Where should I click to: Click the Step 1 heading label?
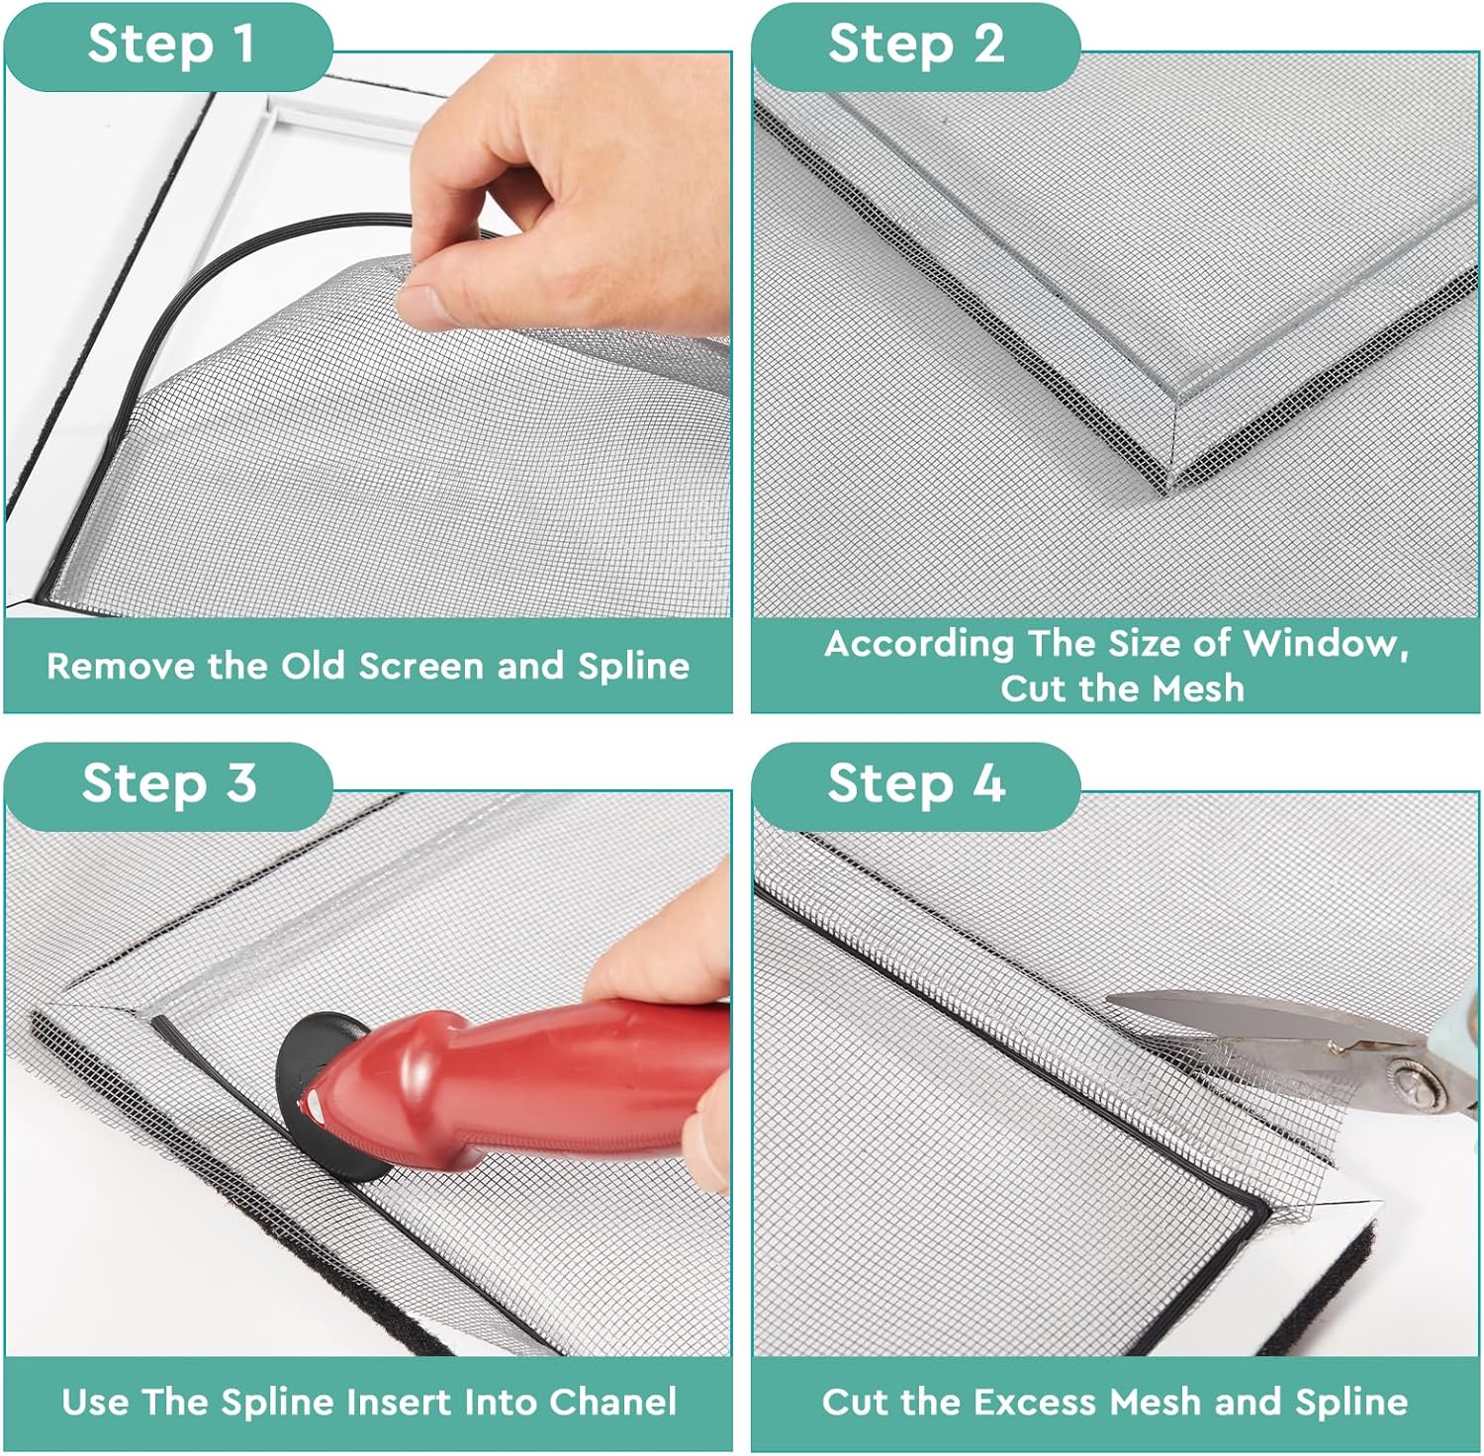click(x=170, y=45)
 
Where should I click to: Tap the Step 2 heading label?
click(x=916, y=45)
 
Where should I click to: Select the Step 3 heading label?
click(x=169, y=783)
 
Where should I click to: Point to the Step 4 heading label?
click(x=916, y=783)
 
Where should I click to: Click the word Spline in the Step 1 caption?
click(x=633, y=667)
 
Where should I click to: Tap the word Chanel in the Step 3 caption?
click(x=613, y=1402)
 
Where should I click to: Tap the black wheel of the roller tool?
click(x=326, y=1098)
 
